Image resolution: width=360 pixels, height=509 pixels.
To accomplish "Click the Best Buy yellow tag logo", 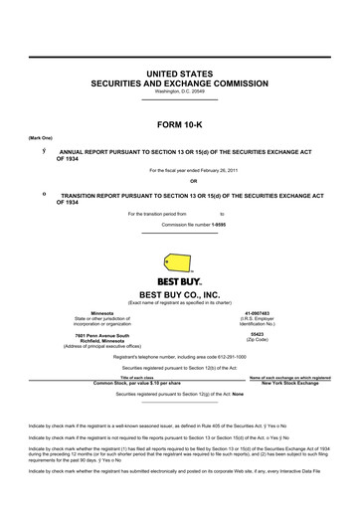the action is tap(179, 260).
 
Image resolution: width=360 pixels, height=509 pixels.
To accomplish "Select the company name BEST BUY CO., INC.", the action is tap(179, 295).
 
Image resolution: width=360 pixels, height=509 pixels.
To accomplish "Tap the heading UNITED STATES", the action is tap(179, 75).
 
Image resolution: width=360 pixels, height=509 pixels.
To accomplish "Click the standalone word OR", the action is tap(180, 181).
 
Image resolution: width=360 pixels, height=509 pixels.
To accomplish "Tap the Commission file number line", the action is tap(179, 225).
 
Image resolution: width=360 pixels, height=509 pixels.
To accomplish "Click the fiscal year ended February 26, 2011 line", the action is tap(179, 170).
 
